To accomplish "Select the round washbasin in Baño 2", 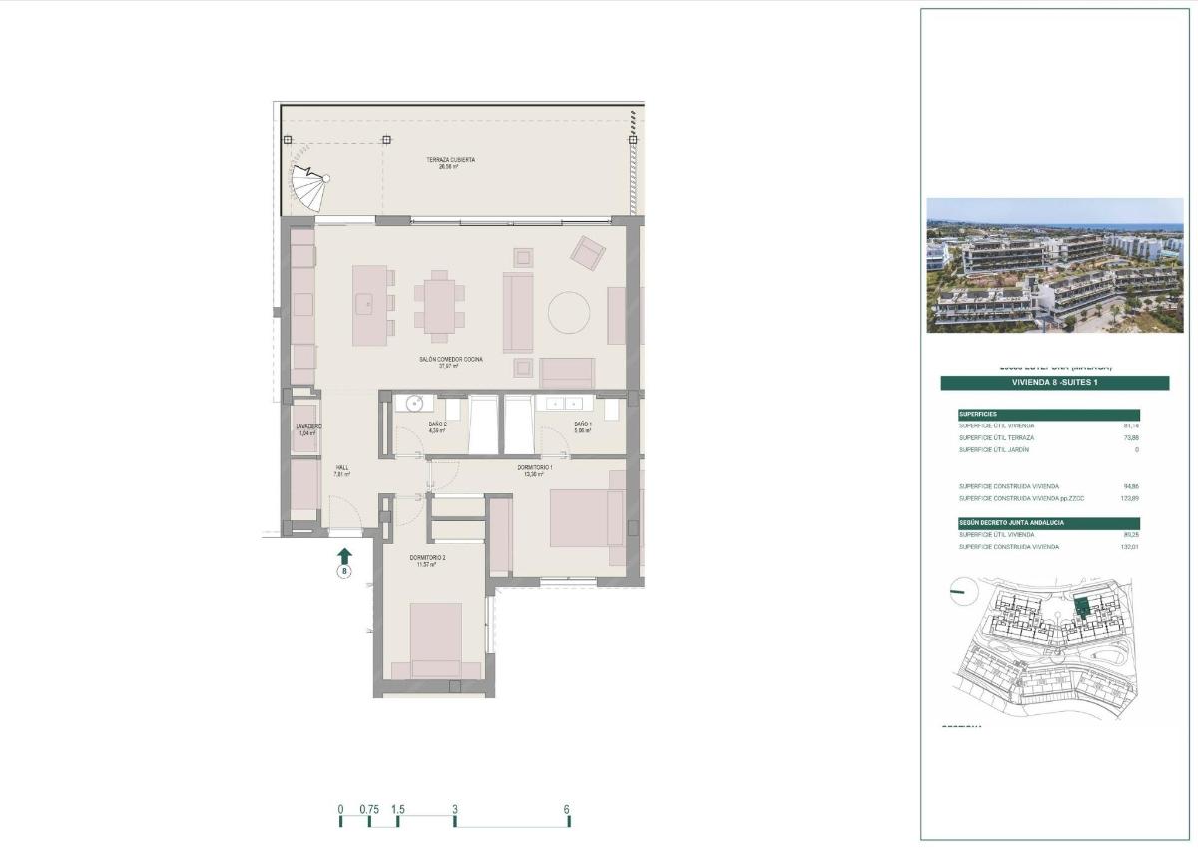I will click(413, 403).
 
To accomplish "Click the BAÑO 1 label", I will click(583, 425).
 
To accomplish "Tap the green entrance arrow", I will click(344, 555).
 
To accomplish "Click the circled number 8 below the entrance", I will click(344, 573).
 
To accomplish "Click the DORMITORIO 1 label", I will click(535, 469).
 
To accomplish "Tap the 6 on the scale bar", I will click(566, 809).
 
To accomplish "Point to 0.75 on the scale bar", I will click(369, 809).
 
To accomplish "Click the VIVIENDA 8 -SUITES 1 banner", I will click(1054, 383).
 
